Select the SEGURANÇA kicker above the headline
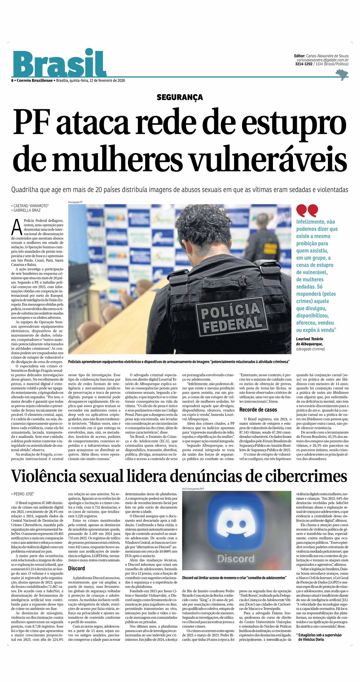[180, 97]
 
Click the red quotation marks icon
[307, 210]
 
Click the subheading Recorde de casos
[258, 410]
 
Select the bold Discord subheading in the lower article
[76, 568]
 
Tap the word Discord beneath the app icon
[235, 559]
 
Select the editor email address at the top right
[322, 60]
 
